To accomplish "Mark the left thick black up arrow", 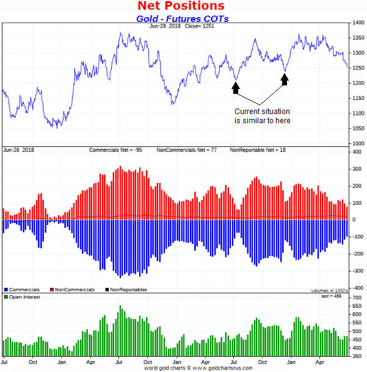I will (x=236, y=88).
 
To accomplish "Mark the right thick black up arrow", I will (x=285, y=78).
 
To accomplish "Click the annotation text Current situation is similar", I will (x=263, y=116).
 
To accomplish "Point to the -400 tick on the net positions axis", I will (x=355, y=287).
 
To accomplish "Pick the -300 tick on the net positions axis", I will (x=355, y=270).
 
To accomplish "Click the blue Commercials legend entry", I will (x=22, y=290).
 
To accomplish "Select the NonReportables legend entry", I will (x=126, y=290).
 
